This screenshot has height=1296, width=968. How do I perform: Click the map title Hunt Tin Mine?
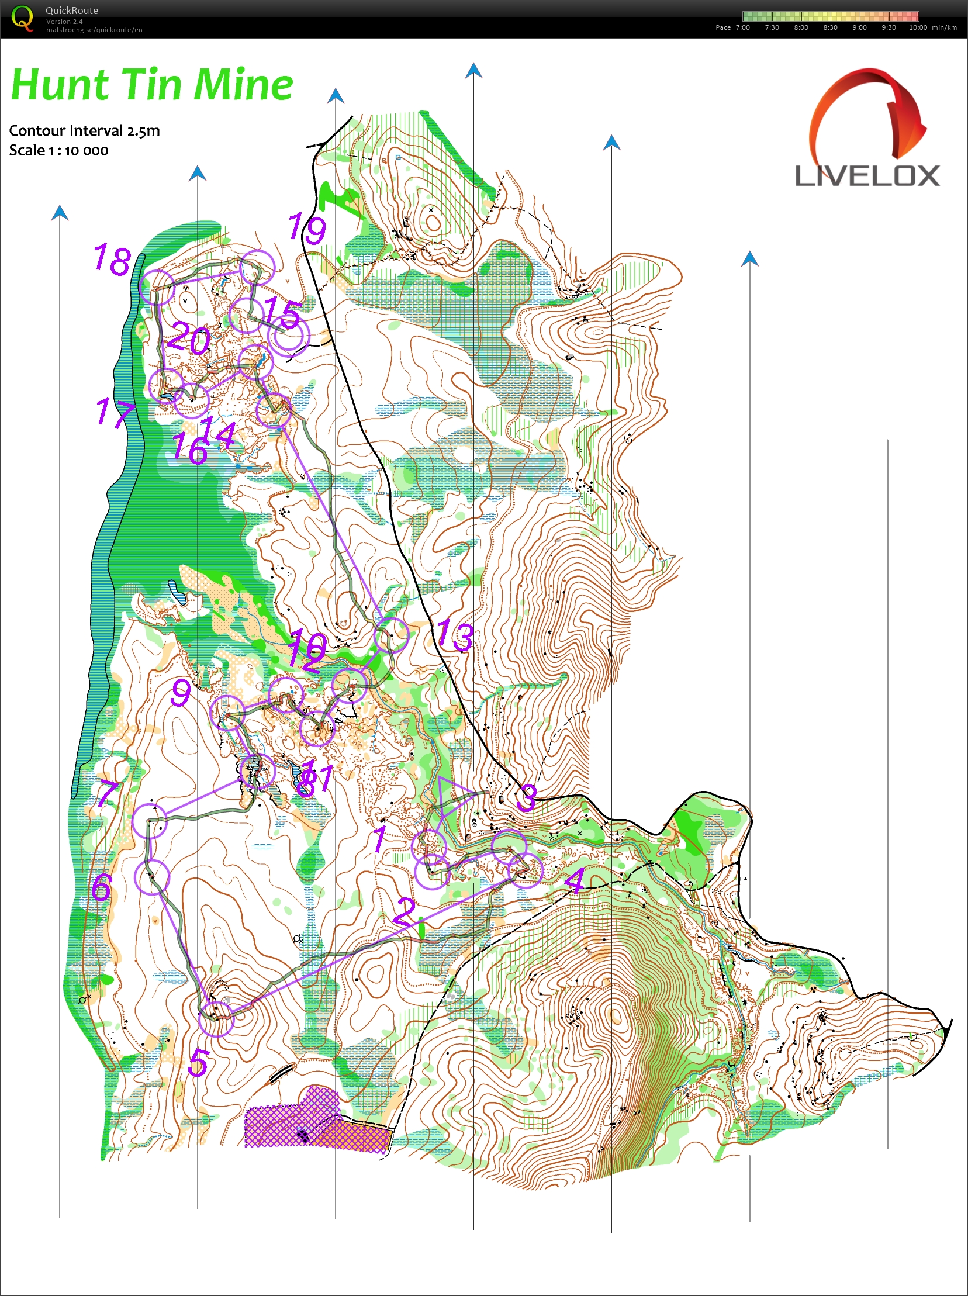pos(152,85)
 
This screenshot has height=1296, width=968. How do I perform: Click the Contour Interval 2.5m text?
pos(84,131)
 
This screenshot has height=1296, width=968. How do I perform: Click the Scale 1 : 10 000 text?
pos(58,151)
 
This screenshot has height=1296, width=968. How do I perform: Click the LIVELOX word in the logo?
pos(867,176)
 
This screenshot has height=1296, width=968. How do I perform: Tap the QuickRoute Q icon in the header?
pos(22,18)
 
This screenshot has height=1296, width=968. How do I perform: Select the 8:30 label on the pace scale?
pos(829,27)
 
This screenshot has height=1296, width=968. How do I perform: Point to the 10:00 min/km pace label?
pos(932,27)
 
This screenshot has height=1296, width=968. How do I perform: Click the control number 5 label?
pos(199,1062)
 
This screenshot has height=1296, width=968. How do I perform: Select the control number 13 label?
pos(455,635)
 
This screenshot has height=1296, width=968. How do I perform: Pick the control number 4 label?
pos(575,880)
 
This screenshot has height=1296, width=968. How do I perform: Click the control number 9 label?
pos(181,693)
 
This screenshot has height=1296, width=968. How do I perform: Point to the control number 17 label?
pos(112,412)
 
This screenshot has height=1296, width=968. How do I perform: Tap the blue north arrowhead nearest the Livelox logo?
pos(749,258)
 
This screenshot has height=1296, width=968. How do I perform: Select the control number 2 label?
pos(404,911)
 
